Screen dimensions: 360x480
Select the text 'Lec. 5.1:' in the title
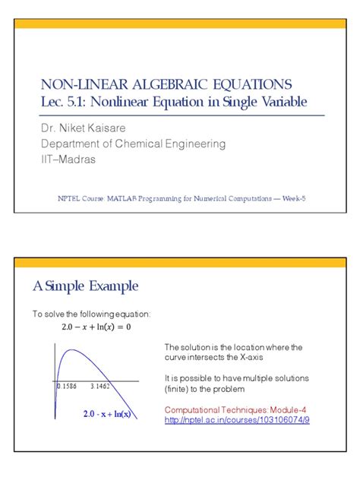[65, 101]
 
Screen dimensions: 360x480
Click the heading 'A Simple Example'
[85, 286]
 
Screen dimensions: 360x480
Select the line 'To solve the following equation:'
[91, 314]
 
